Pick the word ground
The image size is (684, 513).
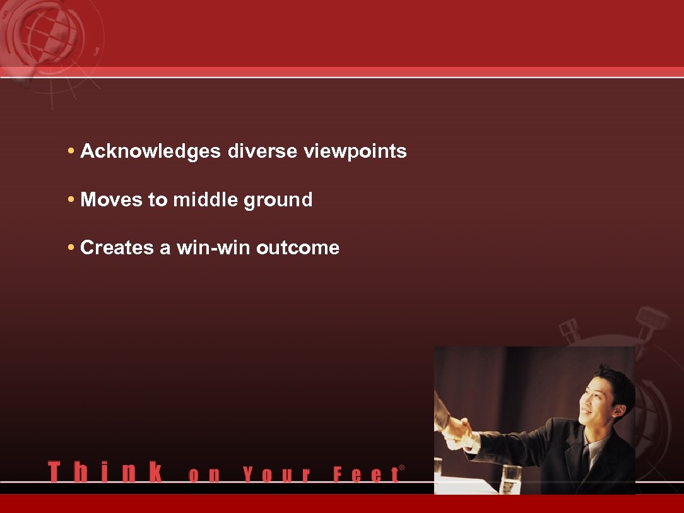point(278,201)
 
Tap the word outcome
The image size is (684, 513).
point(298,248)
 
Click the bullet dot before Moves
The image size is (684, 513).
point(72,200)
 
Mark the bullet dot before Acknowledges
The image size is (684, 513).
point(72,151)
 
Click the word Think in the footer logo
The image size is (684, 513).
point(105,473)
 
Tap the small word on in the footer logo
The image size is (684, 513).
point(204,475)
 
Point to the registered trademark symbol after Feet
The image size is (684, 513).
point(402,468)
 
